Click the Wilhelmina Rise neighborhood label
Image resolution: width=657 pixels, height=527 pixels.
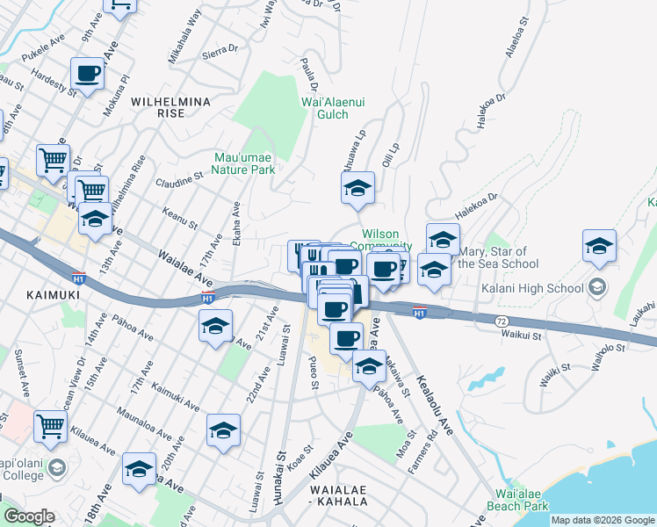pos(170,107)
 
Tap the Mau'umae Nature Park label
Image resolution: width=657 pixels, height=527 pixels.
pos(245,164)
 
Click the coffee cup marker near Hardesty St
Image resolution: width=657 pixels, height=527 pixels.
pos(87,74)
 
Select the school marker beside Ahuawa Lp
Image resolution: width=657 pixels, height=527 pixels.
pos(357,188)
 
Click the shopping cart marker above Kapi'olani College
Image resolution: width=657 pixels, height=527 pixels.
pos(50,426)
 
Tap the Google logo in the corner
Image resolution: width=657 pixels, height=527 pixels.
pos(28,516)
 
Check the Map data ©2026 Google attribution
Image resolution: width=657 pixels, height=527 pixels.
pos(603,520)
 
